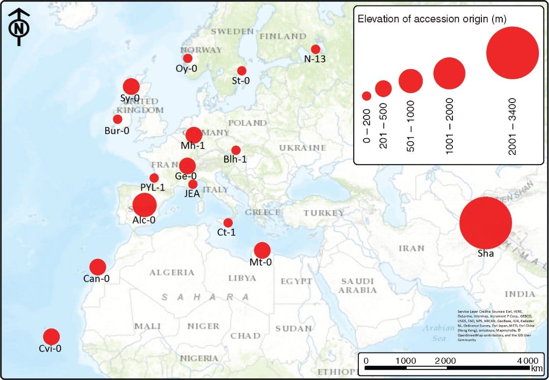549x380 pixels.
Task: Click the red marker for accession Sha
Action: [x=485, y=223]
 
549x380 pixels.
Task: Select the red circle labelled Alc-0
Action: [x=144, y=205]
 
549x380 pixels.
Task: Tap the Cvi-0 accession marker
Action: [x=51, y=336]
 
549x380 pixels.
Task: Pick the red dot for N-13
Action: [x=316, y=49]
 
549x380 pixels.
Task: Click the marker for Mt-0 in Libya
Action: [x=262, y=250]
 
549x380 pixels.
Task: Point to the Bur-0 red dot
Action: [x=117, y=119]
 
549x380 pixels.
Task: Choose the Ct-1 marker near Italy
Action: [x=228, y=223]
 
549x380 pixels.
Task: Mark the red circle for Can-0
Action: [x=98, y=267]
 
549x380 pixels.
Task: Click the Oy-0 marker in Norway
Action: [x=188, y=58]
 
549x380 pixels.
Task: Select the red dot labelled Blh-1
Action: [x=236, y=150]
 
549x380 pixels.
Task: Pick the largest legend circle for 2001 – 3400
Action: [x=512, y=53]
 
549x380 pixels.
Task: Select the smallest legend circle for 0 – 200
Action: [x=367, y=96]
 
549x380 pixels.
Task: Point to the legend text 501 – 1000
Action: [x=410, y=121]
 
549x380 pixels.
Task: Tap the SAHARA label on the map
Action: [x=206, y=297]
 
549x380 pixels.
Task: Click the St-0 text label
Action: [x=240, y=80]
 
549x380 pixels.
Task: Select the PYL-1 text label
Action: [x=152, y=187]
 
